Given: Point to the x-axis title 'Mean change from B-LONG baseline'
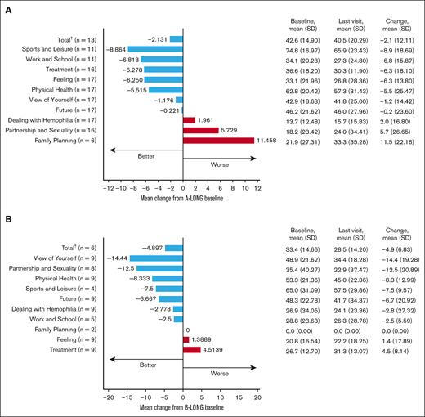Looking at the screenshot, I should pos(181,406).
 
